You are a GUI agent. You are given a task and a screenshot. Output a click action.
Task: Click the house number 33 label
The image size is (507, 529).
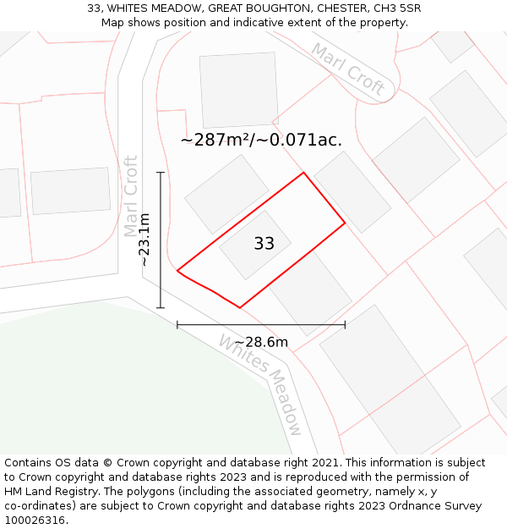point(264,244)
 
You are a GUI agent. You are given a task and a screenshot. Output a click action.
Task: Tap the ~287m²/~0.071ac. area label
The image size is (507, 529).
point(261,141)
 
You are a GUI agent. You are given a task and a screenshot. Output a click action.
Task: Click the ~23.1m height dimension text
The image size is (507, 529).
point(145,240)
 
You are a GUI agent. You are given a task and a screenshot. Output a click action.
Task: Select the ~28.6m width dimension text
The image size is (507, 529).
point(260,342)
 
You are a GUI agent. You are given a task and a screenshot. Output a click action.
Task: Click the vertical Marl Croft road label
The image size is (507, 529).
point(131,196)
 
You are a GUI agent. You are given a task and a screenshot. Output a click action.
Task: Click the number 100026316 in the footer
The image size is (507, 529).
point(35,520)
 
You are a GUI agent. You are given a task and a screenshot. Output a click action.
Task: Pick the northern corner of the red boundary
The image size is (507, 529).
point(303,174)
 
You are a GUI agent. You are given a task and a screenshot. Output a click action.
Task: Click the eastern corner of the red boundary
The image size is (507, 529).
point(345,223)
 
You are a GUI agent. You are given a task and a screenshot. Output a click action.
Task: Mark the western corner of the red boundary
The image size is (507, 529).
point(177,271)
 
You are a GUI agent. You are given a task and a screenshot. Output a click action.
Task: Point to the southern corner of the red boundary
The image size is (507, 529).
point(240,307)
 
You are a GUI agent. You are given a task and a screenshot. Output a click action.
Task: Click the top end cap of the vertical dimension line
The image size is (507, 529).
point(161,173)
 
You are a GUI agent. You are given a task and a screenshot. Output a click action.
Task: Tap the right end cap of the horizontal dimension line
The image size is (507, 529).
point(345,324)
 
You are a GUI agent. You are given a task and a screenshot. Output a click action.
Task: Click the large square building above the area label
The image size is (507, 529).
point(239,90)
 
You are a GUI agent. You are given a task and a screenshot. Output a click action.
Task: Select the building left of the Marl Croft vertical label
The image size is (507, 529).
point(71,190)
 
